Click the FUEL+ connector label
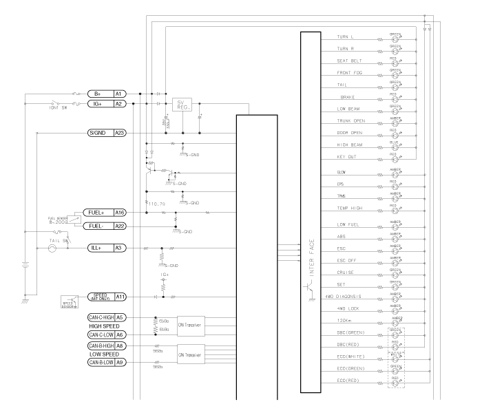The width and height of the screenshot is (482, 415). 98,213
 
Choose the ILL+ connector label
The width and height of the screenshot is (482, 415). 97,248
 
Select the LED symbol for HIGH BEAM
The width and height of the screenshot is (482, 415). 395,147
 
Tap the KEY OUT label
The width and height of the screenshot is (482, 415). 346,158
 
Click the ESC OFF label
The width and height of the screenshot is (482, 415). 346,259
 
